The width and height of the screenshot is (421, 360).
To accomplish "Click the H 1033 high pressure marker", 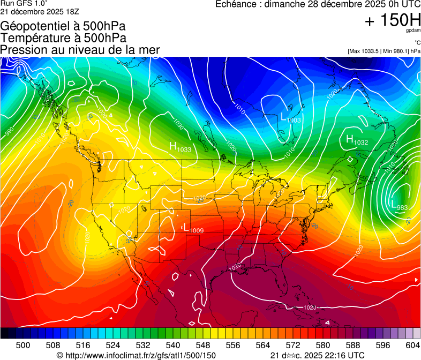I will (x=180, y=147).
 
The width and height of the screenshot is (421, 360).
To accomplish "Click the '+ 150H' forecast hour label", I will (x=392, y=20).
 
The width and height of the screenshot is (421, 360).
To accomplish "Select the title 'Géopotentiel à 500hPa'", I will (x=63, y=26).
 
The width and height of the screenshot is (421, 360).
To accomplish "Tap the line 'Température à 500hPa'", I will (x=63, y=37).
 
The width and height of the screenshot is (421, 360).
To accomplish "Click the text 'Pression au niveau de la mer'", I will (x=80, y=50).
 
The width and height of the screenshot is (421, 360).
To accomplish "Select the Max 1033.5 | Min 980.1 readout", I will (x=383, y=51).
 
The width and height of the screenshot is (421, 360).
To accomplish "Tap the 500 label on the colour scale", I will (x=22, y=344).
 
